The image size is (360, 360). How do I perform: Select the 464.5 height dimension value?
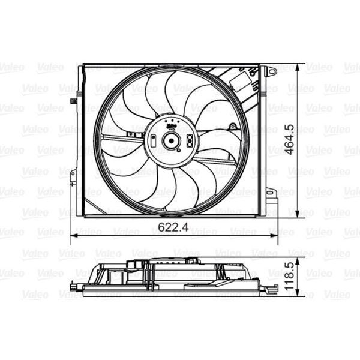290,140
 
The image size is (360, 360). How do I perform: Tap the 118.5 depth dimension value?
290,275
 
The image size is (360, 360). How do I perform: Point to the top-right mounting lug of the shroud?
271,71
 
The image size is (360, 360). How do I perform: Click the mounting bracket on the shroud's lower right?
270,193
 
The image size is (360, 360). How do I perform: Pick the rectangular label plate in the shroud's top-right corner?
242,79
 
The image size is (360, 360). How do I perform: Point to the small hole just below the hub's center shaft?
171,154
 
